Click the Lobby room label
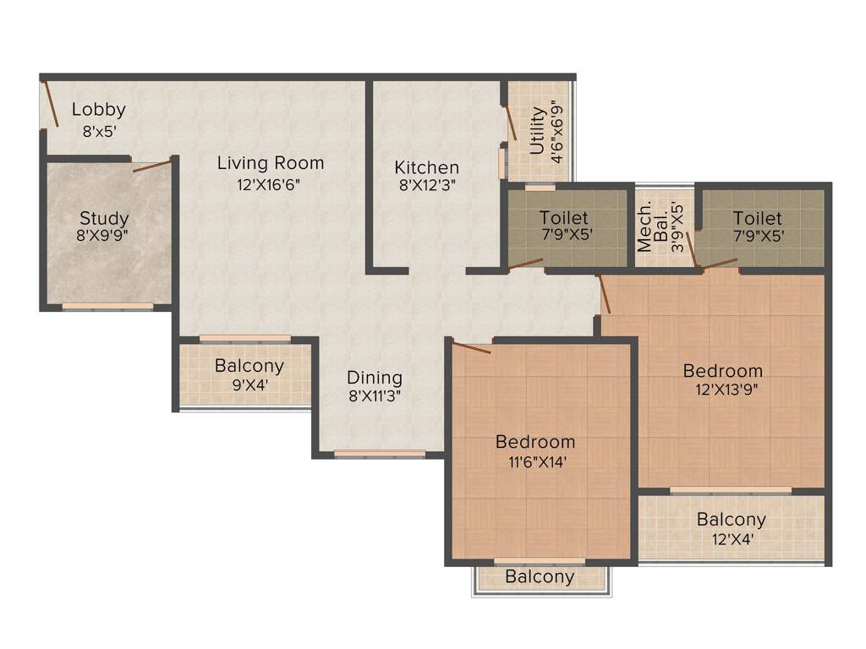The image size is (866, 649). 98,109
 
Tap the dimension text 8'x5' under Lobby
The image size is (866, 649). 98,132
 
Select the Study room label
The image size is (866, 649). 104,219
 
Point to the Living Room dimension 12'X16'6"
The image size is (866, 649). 270,185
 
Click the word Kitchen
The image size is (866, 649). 426,167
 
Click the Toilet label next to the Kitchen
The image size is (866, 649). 564,218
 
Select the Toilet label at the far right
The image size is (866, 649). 758,218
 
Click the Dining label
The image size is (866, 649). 375,378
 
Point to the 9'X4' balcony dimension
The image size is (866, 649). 249,387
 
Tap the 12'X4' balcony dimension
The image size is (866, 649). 731,540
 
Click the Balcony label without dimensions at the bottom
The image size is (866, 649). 540,577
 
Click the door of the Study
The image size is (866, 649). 153,164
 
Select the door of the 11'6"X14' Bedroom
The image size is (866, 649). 471,346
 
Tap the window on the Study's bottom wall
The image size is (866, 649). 107,306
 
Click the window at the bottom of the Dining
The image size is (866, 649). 380,454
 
